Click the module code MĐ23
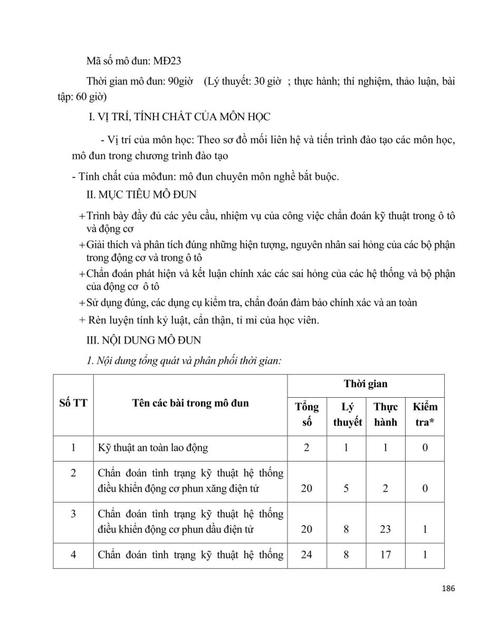tap(168, 61)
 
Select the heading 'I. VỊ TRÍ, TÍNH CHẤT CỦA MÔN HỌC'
tap(180, 117)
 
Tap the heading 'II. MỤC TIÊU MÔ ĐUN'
tap(141, 195)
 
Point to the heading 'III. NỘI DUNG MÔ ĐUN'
tap(143, 340)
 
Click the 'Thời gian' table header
tap(366, 385)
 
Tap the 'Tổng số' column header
tap(306, 415)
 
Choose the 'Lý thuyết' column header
tap(347, 415)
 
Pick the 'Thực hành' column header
tap(386, 415)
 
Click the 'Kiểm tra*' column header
tap(425, 415)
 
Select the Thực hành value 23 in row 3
tap(386, 529)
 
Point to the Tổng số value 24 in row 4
tap(306, 554)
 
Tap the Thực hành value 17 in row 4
tap(386, 554)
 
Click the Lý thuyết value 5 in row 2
tap(346, 488)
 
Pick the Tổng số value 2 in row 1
tap(306, 448)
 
